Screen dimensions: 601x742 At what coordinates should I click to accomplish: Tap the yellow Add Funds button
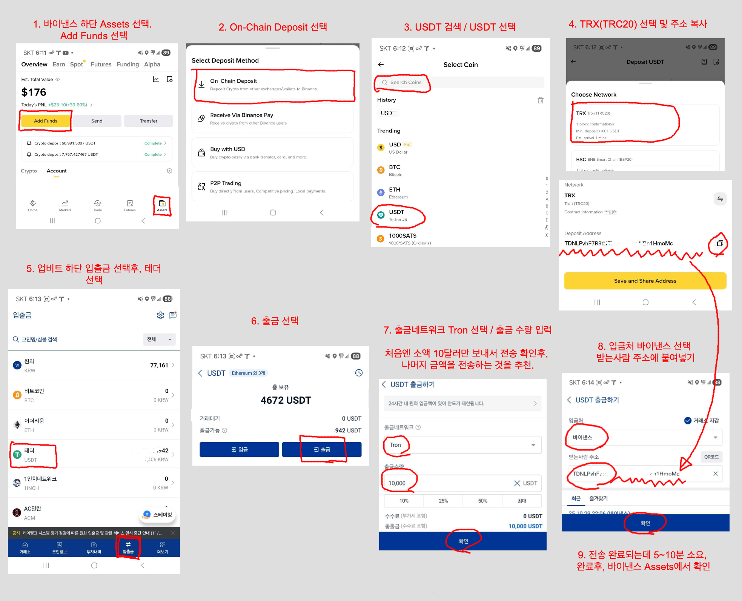(45, 121)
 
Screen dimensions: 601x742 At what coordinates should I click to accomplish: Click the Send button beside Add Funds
(97, 121)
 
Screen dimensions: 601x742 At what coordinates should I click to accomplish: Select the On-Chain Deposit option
(273, 85)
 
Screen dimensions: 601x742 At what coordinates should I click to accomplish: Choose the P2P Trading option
(273, 187)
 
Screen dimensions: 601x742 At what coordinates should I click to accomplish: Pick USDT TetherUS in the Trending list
(398, 215)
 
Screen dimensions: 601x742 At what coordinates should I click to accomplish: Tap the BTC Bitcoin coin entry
(395, 171)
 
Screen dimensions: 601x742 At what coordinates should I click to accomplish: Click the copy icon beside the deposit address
(720, 243)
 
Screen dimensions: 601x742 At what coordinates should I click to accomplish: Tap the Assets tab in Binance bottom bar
(162, 206)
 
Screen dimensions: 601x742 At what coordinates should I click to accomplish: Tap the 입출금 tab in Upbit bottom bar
(128, 547)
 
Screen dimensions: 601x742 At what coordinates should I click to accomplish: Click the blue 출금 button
(322, 449)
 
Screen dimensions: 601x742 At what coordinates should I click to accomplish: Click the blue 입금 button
(239, 449)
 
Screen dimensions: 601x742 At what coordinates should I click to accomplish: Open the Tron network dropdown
(462, 445)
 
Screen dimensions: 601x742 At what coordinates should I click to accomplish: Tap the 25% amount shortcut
(443, 501)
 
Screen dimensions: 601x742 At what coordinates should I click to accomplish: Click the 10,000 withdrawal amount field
(445, 483)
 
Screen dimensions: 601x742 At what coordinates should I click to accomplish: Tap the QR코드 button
(711, 457)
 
